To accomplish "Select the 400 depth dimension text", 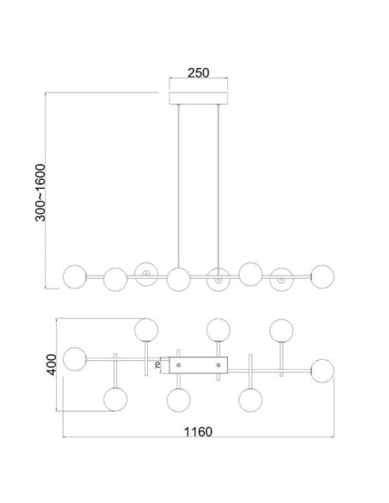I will pyautogui.click(x=52, y=364).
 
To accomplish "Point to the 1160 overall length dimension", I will pyautogui.click(x=200, y=431).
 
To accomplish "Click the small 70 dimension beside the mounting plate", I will pyautogui.click(x=157, y=365).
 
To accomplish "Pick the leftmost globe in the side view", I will pyautogui.click(x=76, y=276).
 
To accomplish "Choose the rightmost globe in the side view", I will pyautogui.click(x=323, y=276).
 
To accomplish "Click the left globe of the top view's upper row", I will pyautogui.click(x=146, y=330).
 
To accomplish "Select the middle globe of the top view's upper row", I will pyautogui.click(x=218, y=330).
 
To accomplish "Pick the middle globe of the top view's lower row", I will pyautogui.click(x=178, y=400).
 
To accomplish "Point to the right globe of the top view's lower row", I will pyautogui.click(x=250, y=400).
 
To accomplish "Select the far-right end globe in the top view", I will pyautogui.click(x=323, y=369).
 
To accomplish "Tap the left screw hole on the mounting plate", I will pyautogui.click(x=178, y=365).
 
